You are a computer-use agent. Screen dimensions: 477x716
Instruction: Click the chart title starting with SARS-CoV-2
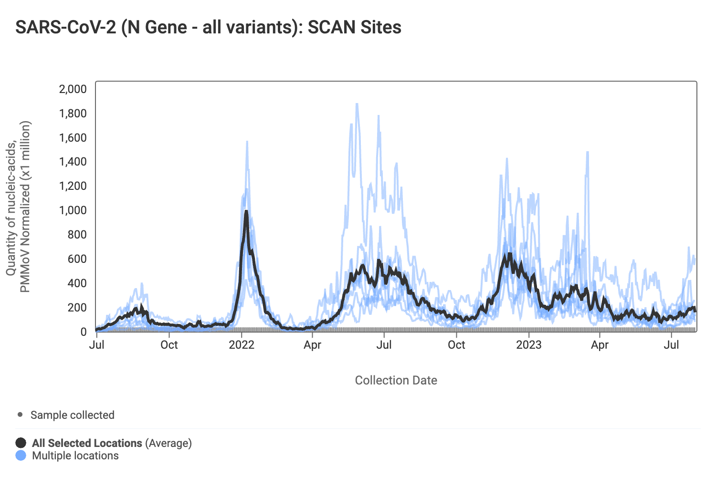(208, 27)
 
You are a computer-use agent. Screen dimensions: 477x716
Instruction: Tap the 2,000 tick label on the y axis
(73, 89)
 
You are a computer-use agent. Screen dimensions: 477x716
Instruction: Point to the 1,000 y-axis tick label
(73, 210)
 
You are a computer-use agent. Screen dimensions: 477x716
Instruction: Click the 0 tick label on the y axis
(84, 332)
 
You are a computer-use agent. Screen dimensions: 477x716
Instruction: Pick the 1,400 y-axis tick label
(73, 162)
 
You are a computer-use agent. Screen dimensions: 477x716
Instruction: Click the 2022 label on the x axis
(242, 345)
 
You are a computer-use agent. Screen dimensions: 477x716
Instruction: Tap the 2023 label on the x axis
(529, 345)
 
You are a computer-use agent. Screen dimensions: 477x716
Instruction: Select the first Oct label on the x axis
(169, 345)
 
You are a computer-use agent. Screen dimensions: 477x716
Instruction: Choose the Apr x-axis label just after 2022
(313, 345)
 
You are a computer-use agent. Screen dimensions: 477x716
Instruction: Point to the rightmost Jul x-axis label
(672, 345)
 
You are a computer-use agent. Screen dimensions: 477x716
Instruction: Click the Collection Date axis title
(396, 380)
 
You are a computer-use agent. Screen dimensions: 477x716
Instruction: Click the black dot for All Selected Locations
(21, 443)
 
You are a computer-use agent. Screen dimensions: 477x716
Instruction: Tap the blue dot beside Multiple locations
(21, 456)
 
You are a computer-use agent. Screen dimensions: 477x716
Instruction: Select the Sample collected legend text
(73, 415)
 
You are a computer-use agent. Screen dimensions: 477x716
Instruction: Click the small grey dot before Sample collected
(20, 415)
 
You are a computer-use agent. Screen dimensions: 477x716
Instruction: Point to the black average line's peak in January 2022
(246, 211)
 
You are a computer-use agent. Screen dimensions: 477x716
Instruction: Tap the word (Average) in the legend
(168, 443)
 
